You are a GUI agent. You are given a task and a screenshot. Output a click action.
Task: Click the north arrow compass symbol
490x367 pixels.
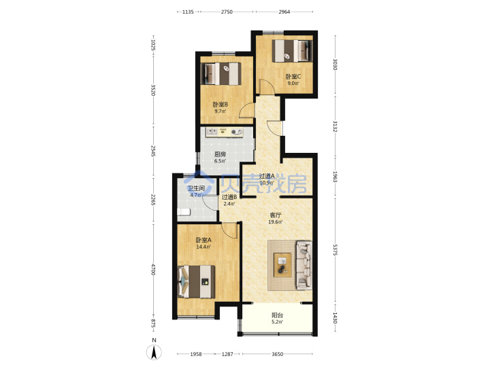pos(154,353)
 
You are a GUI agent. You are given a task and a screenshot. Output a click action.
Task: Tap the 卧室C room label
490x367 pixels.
pos(293,76)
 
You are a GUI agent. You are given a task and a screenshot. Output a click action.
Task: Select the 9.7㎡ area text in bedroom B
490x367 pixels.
pos(220,111)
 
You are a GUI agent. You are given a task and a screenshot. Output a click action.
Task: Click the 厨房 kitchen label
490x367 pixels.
pos(220,154)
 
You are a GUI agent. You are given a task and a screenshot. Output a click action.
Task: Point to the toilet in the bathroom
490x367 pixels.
pos(184,212)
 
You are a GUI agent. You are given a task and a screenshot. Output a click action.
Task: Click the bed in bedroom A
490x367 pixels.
pos(196,281)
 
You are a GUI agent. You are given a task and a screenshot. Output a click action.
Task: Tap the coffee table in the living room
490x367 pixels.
pos(282,265)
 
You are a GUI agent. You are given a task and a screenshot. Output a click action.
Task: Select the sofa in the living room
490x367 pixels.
pos(304,265)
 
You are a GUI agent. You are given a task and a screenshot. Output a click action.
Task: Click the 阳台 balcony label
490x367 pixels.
pos(278,315)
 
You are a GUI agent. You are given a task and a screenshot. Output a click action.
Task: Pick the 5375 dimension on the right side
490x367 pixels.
pos(335,250)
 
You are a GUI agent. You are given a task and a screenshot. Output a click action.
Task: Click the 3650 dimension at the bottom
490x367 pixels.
pos(277,354)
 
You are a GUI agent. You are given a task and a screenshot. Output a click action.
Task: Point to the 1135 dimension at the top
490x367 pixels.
pos(188,12)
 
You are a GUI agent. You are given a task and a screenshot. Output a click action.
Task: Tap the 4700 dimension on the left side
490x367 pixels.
pos(153,269)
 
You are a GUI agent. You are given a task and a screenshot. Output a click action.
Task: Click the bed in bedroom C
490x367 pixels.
pos(292,50)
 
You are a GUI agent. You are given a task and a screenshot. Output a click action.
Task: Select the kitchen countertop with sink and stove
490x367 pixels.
pos(225,132)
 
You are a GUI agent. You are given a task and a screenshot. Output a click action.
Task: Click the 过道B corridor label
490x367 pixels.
pos(229,197)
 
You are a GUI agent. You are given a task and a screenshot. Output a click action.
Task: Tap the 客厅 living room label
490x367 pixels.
pos(276,215)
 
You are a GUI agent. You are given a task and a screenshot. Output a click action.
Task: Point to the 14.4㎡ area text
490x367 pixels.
pos(203,247)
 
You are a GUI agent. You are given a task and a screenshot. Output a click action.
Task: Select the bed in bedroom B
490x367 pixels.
pos(221,73)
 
